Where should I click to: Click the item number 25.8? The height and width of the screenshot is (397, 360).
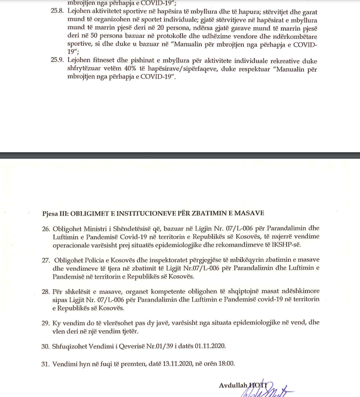click(57, 11)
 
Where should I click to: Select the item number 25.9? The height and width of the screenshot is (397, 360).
click(57, 61)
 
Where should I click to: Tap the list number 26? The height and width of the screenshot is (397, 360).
click(45, 229)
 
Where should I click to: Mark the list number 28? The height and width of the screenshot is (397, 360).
click(45, 292)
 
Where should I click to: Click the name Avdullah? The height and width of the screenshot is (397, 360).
click(233, 385)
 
